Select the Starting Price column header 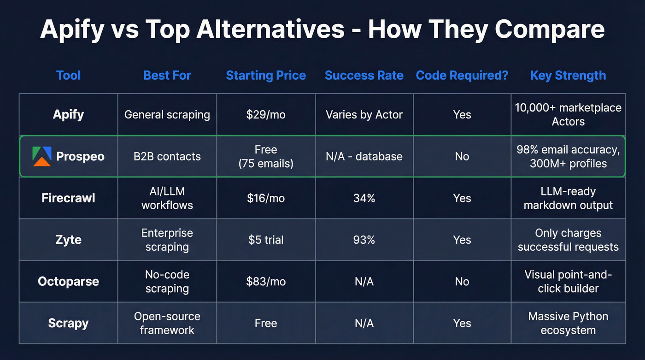coord(266,76)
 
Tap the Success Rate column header coord(364,76)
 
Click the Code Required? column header coord(462,76)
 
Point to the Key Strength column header coord(568,76)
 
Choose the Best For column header coord(167,76)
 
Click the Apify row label coord(68,114)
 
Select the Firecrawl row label coord(68,198)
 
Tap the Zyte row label coord(68,240)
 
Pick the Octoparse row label coord(68,282)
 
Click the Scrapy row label coord(68,323)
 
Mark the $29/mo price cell coord(266,115)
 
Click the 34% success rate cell coord(364,198)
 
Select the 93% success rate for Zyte coord(364,240)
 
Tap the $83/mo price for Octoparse coord(266,282)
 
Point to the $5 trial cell coord(266,240)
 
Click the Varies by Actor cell coord(364,115)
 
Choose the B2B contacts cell coord(167,156)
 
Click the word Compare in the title coord(549,30)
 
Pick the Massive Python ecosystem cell coord(568,323)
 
